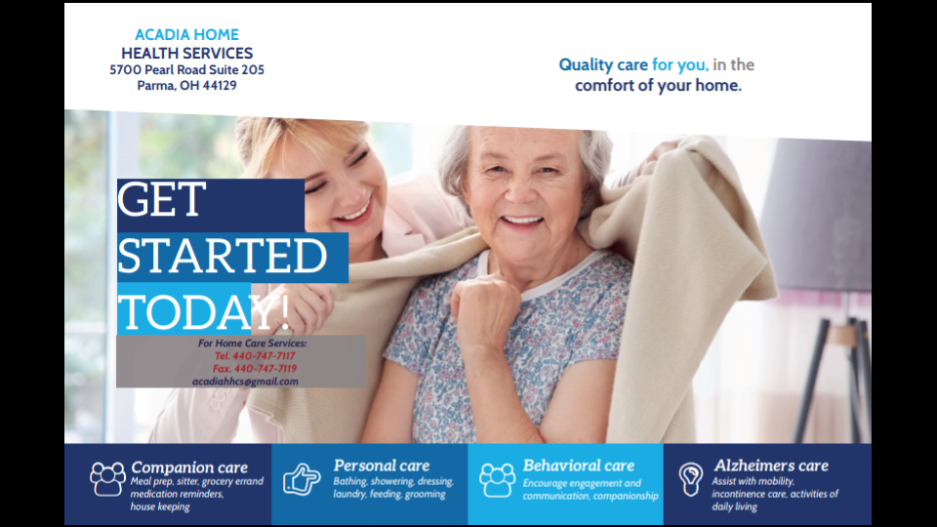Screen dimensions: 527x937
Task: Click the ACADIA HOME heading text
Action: click(186, 35)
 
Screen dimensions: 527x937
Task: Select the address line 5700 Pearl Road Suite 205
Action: click(186, 70)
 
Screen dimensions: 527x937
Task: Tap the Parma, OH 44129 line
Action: click(186, 86)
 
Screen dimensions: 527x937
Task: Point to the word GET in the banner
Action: click(161, 201)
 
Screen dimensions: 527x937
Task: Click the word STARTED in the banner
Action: click(222, 256)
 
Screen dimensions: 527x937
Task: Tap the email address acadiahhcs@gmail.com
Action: click(245, 382)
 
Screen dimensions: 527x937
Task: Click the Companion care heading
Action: click(189, 467)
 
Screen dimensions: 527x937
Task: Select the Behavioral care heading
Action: click(578, 466)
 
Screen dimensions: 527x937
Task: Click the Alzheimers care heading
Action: click(770, 466)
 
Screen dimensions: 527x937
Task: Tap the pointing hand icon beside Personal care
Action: click(302, 479)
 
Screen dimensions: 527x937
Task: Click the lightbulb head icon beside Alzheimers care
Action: click(691, 478)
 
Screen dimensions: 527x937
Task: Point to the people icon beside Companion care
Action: click(107, 478)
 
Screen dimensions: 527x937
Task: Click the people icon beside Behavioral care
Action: click(497, 479)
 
